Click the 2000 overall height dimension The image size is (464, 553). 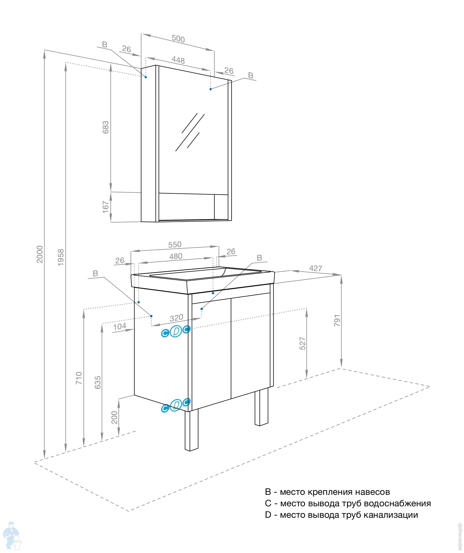40,254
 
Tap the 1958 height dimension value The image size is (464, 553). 61,257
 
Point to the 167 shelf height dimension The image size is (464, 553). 106,207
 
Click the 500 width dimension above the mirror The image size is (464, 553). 178,39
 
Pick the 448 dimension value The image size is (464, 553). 178,60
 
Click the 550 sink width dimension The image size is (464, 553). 175,244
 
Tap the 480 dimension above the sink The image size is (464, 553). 176,256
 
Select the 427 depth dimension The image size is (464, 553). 316,268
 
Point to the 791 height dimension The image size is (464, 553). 337,320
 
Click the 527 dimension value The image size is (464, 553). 302,343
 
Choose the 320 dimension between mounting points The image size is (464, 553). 176,318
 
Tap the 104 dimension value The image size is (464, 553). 119,326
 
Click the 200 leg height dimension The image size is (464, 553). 114,417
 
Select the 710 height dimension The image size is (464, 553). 79,378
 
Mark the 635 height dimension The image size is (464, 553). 98,382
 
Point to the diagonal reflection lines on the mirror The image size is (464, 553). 190,132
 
